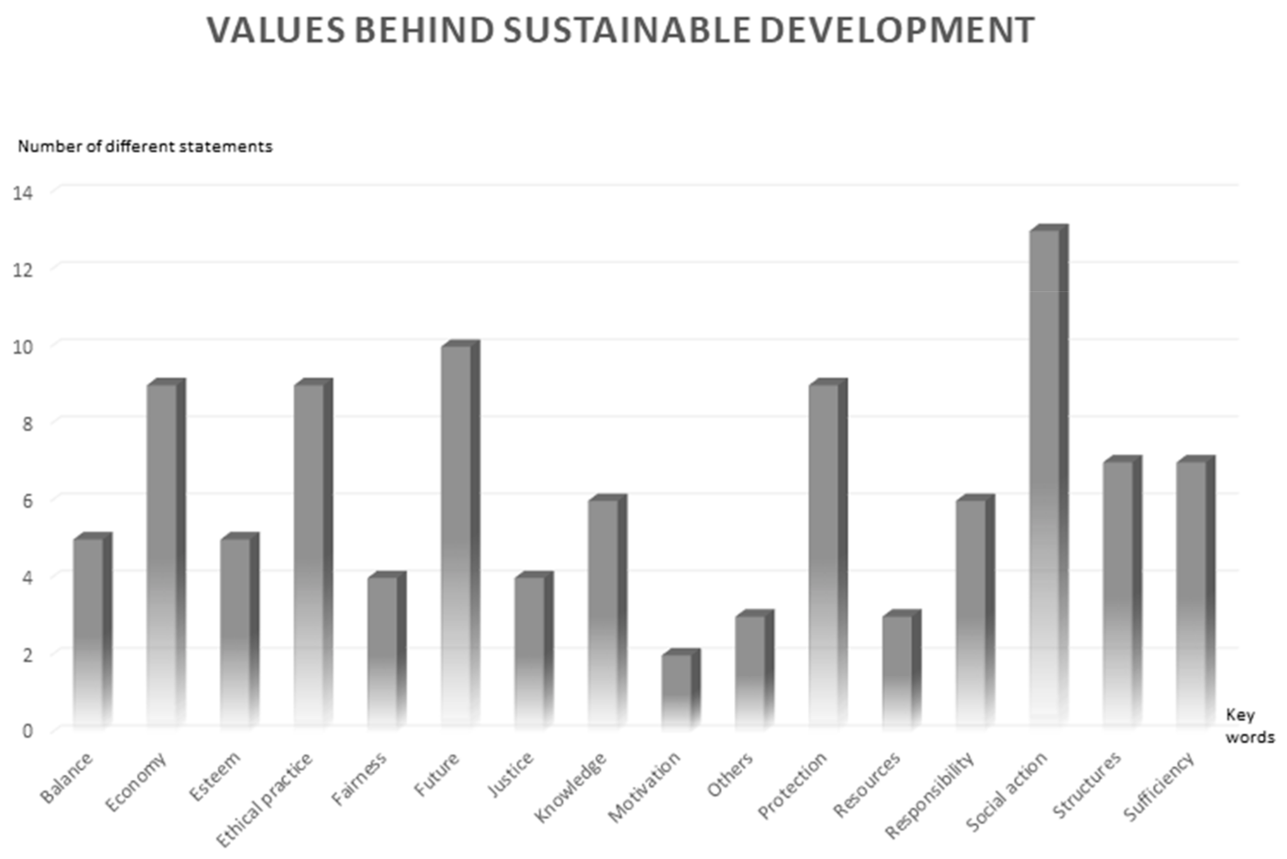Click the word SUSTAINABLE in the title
(626, 30)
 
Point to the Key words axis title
(1249, 726)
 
